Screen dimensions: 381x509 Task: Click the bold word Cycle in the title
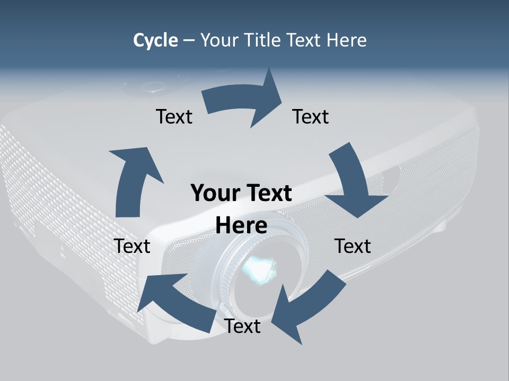click(x=155, y=40)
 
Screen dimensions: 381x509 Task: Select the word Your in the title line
click(x=219, y=40)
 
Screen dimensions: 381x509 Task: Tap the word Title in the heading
click(x=263, y=40)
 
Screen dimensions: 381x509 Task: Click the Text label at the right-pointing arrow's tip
click(x=311, y=116)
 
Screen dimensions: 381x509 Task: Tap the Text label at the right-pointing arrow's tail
click(x=174, y=116)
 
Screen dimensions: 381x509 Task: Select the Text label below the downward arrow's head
click(x=353, y=246)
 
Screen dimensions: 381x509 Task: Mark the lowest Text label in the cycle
click(x=242, y=326)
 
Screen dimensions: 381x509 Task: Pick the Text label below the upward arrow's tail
click(x=132, y=246)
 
